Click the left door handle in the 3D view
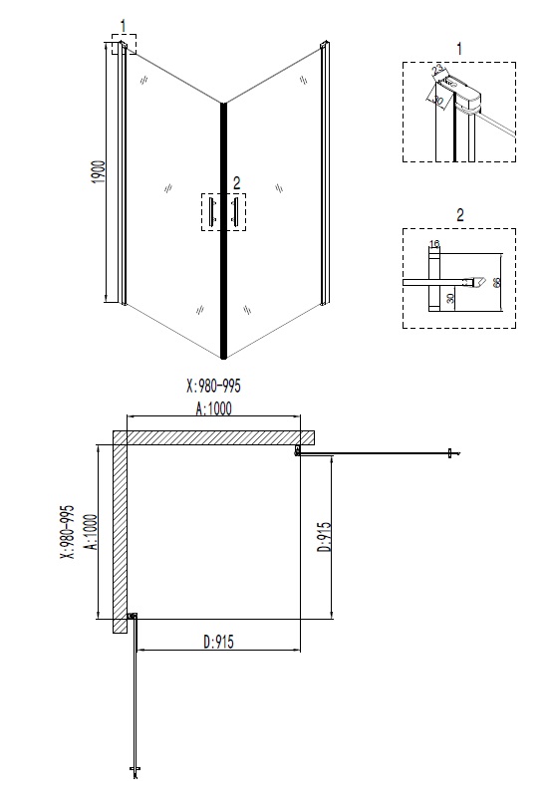click(x=210, y=211)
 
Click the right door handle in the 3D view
click(x=236, y=211)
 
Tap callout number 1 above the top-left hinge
click(x=124, y=24)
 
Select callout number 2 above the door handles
click(x=236, y=182)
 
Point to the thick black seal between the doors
click(x=223, y=229)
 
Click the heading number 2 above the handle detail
click(x=458, y=214)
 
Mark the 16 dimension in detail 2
click(x=434, y=243)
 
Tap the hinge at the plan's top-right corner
click(x=298, y=452)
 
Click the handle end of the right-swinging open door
click(x=453, y=455)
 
